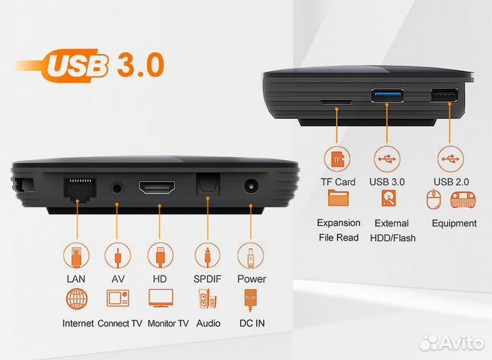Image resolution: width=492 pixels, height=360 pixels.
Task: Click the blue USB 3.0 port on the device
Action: click(387, 96)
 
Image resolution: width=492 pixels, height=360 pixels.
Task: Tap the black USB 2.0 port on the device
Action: click(444, 96)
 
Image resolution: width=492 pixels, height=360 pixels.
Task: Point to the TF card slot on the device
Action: click(336, 102)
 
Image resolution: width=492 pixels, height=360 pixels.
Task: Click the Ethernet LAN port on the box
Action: click(80, 189)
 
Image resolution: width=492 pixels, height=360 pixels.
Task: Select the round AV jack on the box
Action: click(117, 189)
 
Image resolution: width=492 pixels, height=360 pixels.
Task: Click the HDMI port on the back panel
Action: click(157, 188)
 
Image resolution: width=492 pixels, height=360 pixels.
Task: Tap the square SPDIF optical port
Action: click(208, 186)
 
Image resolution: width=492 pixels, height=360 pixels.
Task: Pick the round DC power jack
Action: click(251, 186)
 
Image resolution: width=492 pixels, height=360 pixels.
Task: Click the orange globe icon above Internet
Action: click(77, 299)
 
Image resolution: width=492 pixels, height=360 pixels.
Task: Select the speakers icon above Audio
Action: click(207, 299)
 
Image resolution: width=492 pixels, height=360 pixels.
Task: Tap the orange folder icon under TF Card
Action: click(338, 198)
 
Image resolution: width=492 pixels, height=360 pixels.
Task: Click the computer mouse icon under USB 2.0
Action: click(434, 199)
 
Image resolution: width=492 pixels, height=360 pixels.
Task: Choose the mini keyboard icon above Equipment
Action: click(463, 199)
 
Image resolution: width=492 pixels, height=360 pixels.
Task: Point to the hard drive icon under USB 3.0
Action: click(388, 198)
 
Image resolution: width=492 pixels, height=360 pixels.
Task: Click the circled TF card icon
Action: click(337, 159)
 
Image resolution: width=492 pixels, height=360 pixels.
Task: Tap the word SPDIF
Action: click(208, 279)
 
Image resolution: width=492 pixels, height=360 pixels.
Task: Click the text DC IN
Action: click(252, 323)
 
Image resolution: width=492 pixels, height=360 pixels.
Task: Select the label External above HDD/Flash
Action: click(392, 223)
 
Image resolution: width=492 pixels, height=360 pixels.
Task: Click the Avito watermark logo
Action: click(452, 342)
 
